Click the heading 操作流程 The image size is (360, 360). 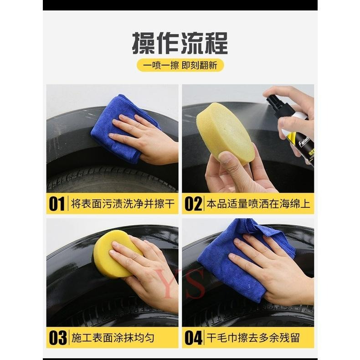point(180,43)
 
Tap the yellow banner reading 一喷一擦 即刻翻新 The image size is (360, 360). point(180,65)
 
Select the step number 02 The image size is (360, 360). point(193,204)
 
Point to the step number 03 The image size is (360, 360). point(57,338)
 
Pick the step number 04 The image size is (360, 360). point(193,338)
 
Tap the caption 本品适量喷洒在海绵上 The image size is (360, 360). point(258,204)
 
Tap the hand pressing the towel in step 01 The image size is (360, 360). point(146,137)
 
